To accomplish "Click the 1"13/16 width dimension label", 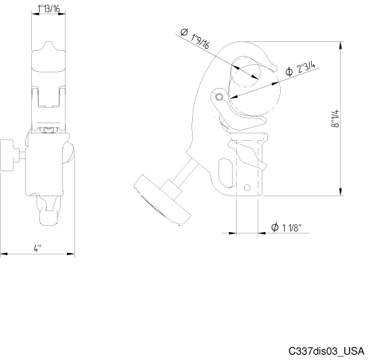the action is click(49, 9).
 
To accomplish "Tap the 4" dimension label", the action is click(37, 248).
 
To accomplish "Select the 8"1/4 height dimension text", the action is click(335, 118).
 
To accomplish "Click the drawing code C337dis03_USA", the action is click(326, 351).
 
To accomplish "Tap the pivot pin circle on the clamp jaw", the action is click(218, 97).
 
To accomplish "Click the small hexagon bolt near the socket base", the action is click(247, 187).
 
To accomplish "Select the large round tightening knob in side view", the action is click(162, 200).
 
